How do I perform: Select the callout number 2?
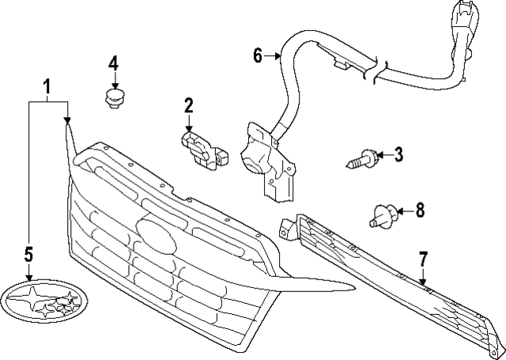pos(189,105)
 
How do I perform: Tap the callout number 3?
pos(398,154)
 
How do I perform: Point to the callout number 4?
pos(114,63)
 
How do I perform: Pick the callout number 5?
pos(28,253)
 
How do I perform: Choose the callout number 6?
pos(258,55)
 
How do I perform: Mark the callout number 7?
pos(423,258)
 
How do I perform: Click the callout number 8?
pos(420,210)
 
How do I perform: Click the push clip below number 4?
pos(115,98)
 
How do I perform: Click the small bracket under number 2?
pos(204,148)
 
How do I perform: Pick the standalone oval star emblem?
pos(41,304)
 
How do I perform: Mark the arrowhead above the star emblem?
pos(29,276)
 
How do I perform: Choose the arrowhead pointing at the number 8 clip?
pos(399,210)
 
